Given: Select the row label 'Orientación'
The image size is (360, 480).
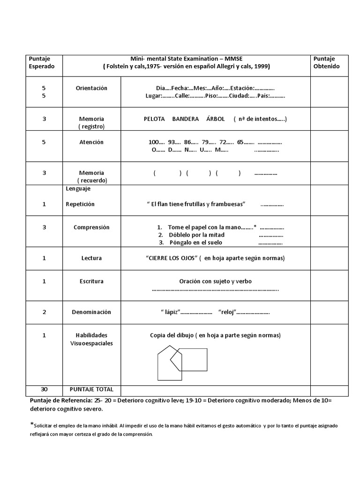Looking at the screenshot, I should pos(91,88).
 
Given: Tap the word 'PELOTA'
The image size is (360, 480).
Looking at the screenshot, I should pos(154,119).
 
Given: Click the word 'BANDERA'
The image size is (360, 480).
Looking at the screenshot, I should pos(186,119).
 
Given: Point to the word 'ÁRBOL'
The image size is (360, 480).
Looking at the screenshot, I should pos(216,119).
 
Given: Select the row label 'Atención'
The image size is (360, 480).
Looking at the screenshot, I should pos(91,142).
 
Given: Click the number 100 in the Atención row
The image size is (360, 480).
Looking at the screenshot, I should pos(154,142).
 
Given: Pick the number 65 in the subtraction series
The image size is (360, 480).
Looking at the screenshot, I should pos(240,142).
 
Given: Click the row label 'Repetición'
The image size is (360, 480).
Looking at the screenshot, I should pos(80,204).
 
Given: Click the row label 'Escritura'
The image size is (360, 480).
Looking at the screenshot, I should pos(91,281).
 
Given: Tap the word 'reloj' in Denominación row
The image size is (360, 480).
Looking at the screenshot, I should pos(227,312).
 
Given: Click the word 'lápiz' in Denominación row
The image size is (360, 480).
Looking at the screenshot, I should pos(171,312).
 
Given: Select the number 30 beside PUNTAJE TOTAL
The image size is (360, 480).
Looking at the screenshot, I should pos(44,390).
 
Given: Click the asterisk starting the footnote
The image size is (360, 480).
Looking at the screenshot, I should pos(31,425).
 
